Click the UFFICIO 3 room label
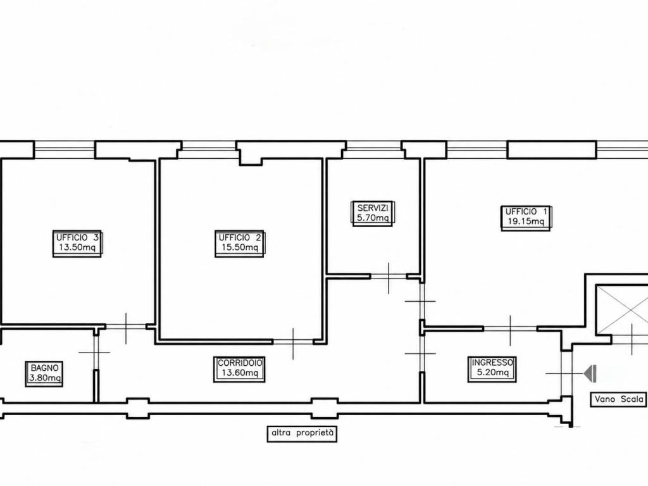pos(78,238)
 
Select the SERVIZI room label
pos(373,208)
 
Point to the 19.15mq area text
pos(526,221)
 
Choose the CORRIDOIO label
pos(240,363)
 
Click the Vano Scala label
pos(619,399)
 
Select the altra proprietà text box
pos(302,434)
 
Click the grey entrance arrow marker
pos(590,373)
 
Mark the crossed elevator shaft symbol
pos(622,308)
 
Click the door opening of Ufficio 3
pos(126,327)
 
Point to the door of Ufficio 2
pos(293,342)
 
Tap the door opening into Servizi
pos(389,276)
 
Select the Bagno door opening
pos(96,352)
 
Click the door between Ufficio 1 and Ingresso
pos(511,329)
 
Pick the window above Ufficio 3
pos(65,150)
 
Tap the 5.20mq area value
pos(492,372)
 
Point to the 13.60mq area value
pos(240,373)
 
